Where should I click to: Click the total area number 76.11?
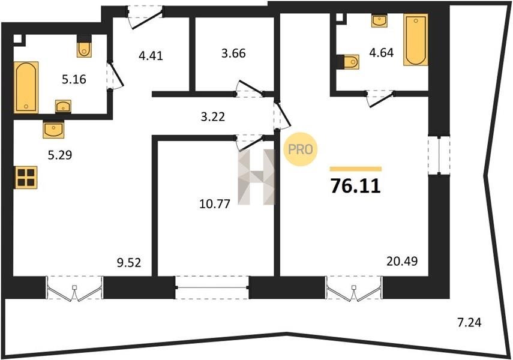coord(356,186)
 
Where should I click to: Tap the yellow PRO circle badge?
coord(301,149)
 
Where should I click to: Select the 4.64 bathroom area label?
coord(381,52)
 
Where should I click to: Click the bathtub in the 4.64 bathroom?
coord(416,40)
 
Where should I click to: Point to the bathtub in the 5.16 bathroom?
coord(26,88)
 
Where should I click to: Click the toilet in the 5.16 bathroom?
coord(84,47)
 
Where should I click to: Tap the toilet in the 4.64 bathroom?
coord(349,62)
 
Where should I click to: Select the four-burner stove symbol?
coord(26,178)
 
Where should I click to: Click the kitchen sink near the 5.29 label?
coord(53,129)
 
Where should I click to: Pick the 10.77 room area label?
coord(215,204)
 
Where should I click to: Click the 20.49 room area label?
coord(402,261)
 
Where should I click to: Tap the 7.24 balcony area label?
coord(469,323)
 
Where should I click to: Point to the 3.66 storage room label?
coord(233,53)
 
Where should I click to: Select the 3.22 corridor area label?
coord(213,116)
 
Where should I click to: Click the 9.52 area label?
coord(129,262)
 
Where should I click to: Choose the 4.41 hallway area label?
coord(151,56)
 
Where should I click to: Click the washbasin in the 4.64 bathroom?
coord(379,20)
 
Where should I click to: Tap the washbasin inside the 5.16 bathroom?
coord(63,106)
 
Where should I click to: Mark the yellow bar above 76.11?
coord(356,169)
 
